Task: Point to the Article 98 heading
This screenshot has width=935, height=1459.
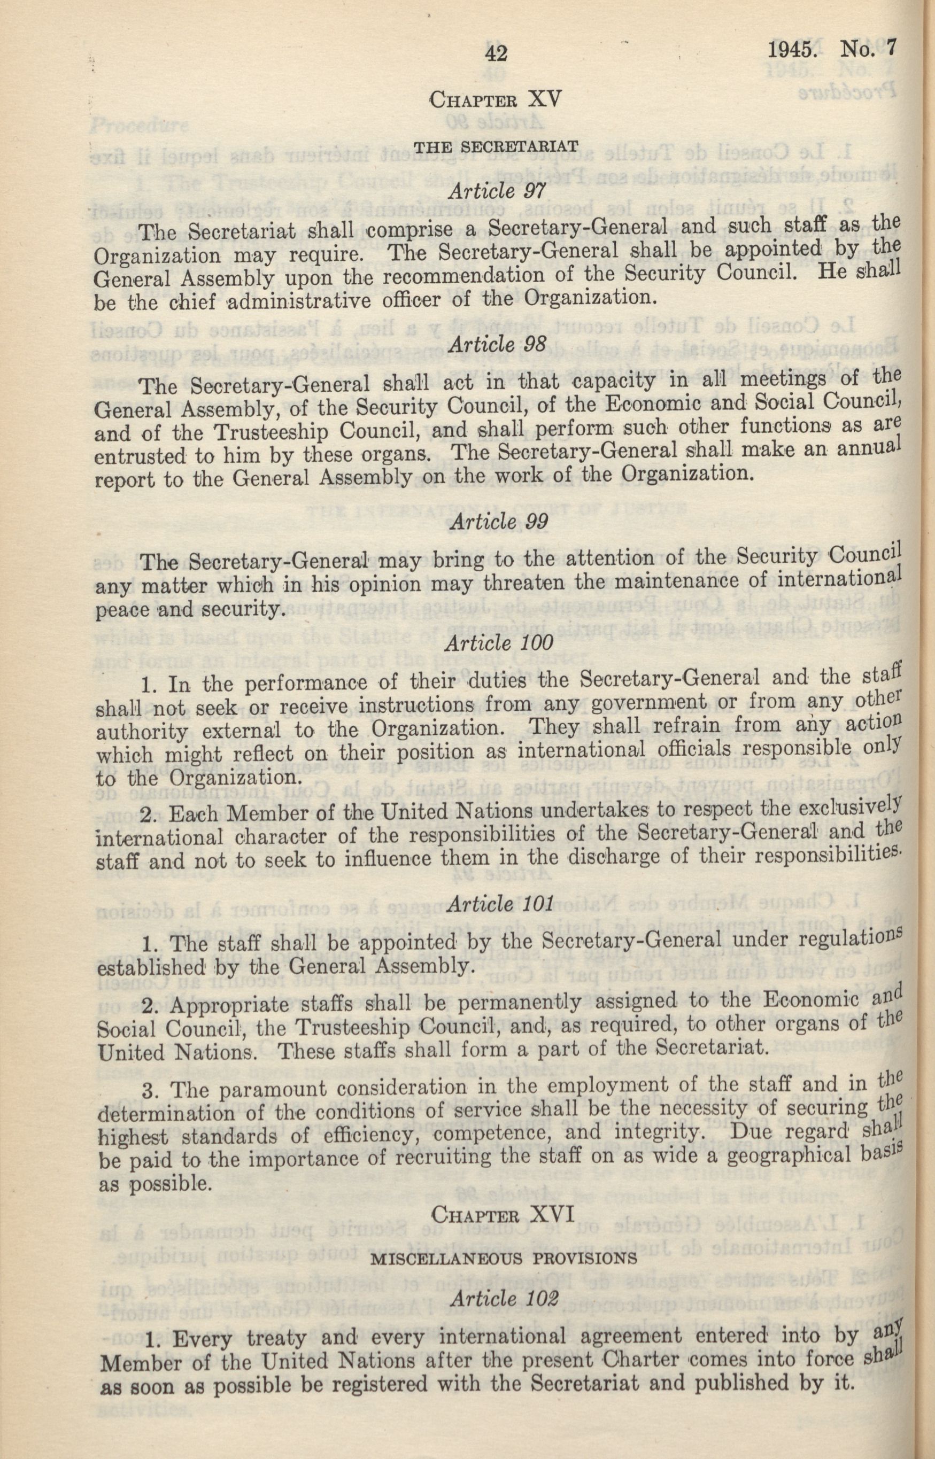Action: (498, 344)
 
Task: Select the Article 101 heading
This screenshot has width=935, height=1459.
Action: (499, 904)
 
